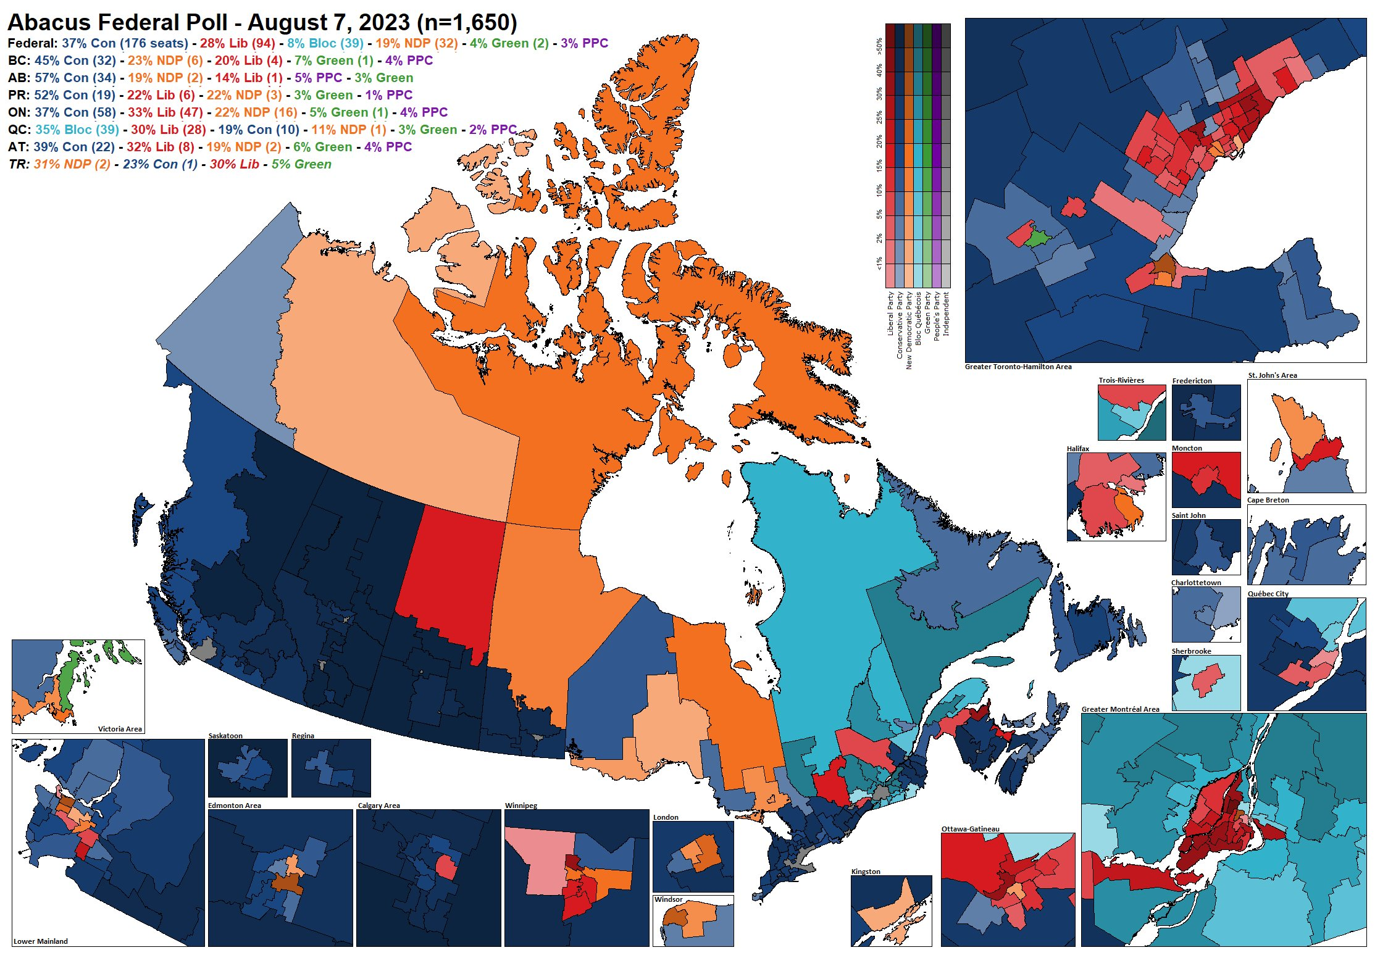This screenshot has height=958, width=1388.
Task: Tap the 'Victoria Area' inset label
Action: pyautogui.click(x=120, y=729)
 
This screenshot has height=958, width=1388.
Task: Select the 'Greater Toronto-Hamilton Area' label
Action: pyautogui.click(x=1018, y=367)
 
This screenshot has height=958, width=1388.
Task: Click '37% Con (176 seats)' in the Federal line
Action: pyautogui.click(x=125, y=43)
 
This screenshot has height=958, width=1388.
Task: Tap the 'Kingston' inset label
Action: pyautogui.click(x=866, y=872)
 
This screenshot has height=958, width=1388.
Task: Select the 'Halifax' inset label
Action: pyautogui.click(x=1078, y=449)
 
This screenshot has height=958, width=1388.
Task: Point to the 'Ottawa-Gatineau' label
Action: pyautogui.click(x=970, y=829)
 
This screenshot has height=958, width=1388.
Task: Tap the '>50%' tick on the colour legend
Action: pyautogui.click(x=879, y=46)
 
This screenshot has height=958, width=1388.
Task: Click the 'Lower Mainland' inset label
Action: pyautogui.click(x=41, y=941)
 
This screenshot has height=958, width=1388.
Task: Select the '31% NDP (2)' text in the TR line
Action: pyautogui.click(x=72, y=164)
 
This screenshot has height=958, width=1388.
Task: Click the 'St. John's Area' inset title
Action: pyautogui.click(x=1272, y=375)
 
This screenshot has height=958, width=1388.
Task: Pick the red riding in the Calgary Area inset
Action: pyautogui.click(x=446, y=867)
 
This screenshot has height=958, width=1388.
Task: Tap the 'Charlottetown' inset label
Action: pyautogui.click(x=1196, y=583)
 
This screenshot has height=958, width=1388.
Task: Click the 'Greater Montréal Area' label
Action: pyautogui.click(x=1120, y=709)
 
